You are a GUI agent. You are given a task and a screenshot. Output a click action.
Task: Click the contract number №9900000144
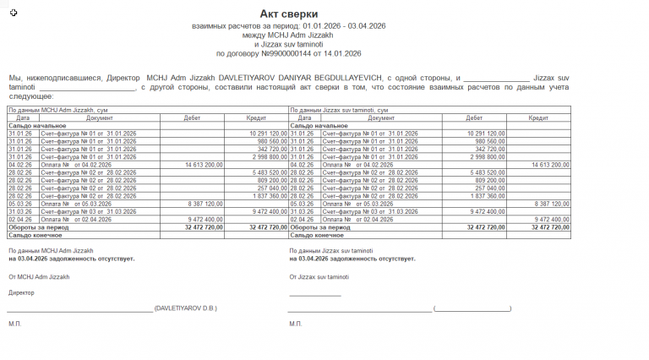coord(284,53)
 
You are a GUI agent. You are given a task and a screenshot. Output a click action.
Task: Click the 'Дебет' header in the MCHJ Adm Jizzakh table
coord(192,117)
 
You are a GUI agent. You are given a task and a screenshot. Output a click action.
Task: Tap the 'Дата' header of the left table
coord(23,117)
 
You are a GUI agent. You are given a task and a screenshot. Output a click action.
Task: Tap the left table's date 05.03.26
coord(19,204)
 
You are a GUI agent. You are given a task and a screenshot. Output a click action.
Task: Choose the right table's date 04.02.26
coord(302,164)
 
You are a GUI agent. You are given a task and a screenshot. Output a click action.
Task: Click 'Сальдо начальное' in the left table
coord(36,125)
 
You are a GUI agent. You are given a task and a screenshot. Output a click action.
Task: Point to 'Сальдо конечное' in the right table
coord(317,234)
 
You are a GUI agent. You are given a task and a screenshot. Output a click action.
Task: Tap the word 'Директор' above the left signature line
coord(22,292)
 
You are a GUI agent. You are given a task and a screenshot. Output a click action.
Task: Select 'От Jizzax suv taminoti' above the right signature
coord(319,277)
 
